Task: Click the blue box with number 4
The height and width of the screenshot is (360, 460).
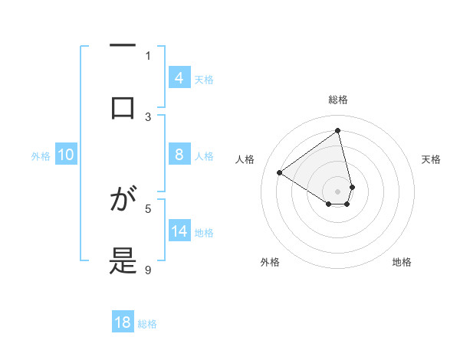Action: (179, 77)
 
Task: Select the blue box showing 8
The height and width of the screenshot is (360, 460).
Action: (179, 155)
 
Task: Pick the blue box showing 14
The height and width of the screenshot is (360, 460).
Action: (179, 231)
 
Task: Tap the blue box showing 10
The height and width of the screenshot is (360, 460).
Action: (66, 155)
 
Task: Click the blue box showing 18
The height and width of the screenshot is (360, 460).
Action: (123, 322)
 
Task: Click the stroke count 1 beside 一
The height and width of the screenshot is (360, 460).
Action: (148, 55)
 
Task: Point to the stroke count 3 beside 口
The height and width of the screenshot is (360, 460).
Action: (148, 116)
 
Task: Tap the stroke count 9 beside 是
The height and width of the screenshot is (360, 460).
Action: (148, 270)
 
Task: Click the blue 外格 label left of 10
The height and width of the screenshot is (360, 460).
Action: (41, 155)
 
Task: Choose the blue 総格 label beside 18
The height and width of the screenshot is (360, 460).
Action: (147, 323)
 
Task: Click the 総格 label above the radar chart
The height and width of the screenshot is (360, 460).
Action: (338, 100)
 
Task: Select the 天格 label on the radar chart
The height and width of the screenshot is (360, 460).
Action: (431, 159)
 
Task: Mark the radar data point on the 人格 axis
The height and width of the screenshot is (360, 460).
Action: (280, 172)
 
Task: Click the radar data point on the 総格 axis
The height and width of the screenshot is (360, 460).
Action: (338, 131)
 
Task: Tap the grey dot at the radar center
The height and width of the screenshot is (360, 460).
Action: (338, 191)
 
